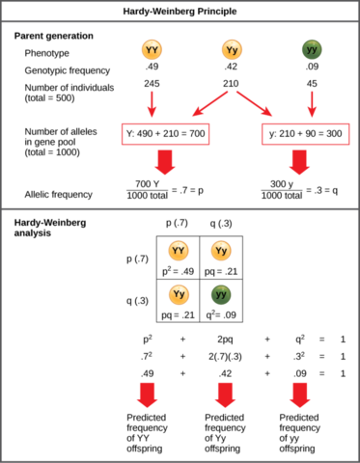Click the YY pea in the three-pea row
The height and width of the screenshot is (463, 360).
152,49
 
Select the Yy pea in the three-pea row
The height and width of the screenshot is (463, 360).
232,49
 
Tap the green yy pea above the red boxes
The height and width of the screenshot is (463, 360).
312,49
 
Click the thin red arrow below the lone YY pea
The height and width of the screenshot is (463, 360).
152,104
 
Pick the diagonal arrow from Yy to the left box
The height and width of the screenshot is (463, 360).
209,104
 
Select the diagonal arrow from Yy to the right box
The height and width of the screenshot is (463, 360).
254,104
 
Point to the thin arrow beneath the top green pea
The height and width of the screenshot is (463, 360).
311,104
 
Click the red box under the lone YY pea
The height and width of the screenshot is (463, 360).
165,134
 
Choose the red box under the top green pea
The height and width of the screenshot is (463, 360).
305,134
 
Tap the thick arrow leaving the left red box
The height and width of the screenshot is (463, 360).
165,162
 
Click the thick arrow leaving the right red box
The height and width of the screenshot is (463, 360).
299,162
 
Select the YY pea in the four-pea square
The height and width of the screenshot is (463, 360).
179,251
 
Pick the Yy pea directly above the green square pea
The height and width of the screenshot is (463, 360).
221,251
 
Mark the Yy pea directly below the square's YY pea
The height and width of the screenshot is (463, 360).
179,294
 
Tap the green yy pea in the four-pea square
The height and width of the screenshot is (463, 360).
221,294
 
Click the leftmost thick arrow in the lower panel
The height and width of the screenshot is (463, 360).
147,394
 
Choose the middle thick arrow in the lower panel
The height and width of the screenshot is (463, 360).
225,394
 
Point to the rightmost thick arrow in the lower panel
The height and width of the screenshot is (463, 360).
300,394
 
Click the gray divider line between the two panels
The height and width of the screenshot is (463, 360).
180,208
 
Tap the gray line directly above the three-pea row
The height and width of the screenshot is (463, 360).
180,20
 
